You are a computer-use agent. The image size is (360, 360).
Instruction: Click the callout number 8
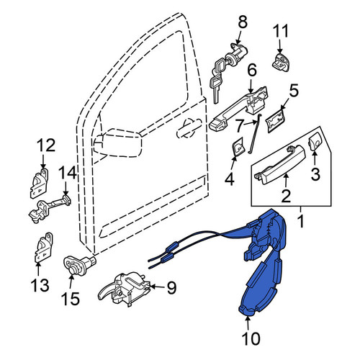click(242, 23)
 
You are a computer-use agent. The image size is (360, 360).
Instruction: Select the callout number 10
click(251, 338)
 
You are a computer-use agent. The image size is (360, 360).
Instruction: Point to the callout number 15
click(70, 298)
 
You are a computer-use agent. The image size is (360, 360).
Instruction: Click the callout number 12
click(46, 145)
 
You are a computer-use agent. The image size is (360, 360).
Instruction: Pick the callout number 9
click(171, 287)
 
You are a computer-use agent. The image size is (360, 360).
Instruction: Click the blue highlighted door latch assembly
click(264, 261)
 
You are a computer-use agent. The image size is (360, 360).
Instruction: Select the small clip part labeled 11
click(280, 62)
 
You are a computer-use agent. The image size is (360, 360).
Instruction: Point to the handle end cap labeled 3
click(315, 142)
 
